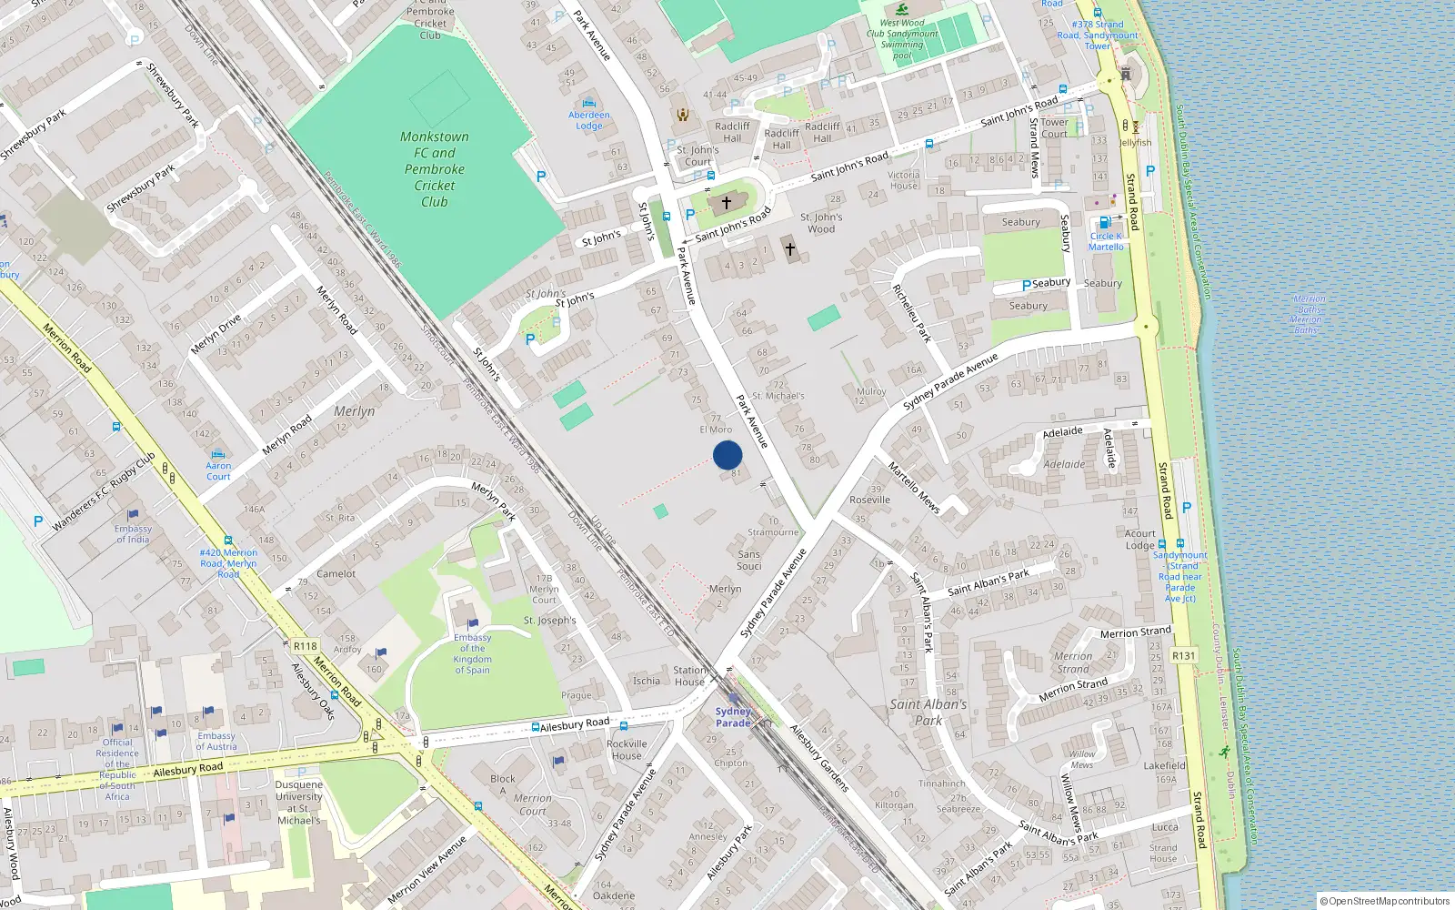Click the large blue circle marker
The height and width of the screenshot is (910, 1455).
click(x=727, y=455)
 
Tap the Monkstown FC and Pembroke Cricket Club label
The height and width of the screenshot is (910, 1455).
click(x=435, y=169)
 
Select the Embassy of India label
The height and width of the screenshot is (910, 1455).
click(x=133, y=534)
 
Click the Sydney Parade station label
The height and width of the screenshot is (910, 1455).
click(x=733, y=717)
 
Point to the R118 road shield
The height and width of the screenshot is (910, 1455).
click(x=306, y=647)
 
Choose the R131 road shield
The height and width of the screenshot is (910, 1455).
click(x=1183, y=655)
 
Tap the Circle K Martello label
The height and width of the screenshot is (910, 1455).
click(x=1106, y=241)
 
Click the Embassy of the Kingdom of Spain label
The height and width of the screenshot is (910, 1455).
click(x=472, y=653)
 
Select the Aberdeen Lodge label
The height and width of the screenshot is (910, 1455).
click(x=589, y=120)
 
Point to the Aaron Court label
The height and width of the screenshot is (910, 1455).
click(x=218, y=470)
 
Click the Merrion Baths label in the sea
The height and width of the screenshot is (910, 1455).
click(x=1308, y=314)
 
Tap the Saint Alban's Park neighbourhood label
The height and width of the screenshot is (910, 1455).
click(x=928, y=712)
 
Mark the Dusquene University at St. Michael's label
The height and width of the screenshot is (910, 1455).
click(x=298, y=802)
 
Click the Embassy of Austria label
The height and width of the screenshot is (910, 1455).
click(x=216, y=742)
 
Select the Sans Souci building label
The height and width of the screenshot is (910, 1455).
click(x=749, y=560)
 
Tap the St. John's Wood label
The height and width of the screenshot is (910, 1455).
click(x=821, y=223)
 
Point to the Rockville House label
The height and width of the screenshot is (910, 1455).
click(x=627, y=749)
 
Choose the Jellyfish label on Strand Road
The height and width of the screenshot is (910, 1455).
click(x=1135, y=143)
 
